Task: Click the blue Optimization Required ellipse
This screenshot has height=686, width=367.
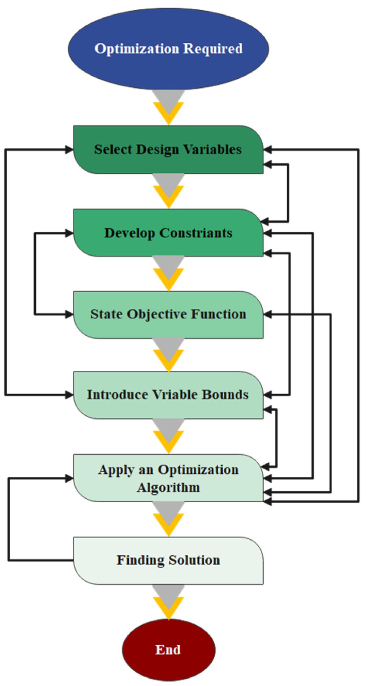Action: click(168, 49)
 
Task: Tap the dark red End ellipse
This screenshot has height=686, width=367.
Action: click(168, 649)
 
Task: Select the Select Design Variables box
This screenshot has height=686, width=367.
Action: click(168, 149)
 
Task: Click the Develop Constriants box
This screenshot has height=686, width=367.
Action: click(168, 233)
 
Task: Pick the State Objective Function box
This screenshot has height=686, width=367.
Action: click(168, 314)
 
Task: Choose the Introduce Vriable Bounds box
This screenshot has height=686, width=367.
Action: click(168, 395)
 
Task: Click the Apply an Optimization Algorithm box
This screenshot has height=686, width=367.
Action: click(168, 478)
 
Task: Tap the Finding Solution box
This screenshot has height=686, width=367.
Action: click(168, 560)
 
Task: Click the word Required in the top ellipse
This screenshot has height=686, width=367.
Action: click(213, 49)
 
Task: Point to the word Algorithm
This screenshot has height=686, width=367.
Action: click(168, 488)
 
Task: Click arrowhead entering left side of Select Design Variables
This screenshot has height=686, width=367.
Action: click(69, 150)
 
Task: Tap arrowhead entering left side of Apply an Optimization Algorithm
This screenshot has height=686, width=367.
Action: click(69, 479)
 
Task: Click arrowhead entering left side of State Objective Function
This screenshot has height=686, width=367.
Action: click(69, 315)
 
